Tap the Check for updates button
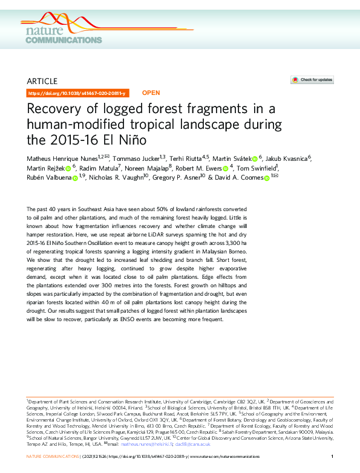coord(312,80)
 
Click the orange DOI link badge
coord(77,94)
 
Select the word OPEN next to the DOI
coord(151,94)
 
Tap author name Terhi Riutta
coord(185,159)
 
